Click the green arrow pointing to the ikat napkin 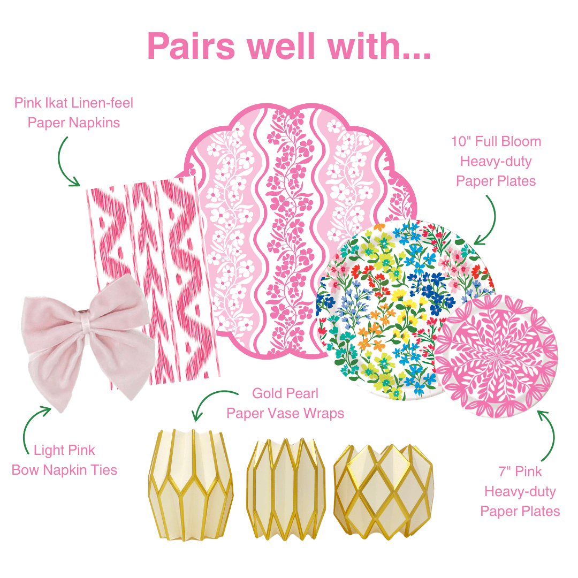(67, 160)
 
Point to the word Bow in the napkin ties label (26, 470)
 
